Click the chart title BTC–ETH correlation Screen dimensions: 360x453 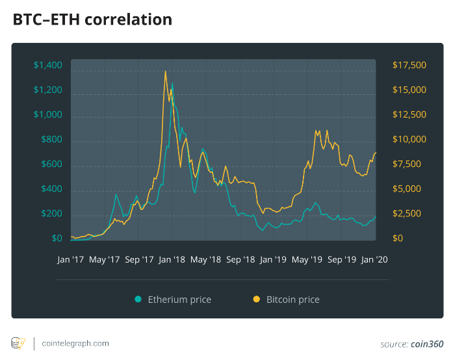(x=92, y=20)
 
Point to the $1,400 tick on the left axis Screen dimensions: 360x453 (x=47, y=65)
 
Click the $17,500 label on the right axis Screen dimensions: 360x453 (x=409, y=65)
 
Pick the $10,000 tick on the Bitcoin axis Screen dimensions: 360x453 (x=409, y=140)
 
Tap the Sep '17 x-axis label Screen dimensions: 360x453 (x=140, y=259)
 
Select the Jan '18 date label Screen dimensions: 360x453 (x=172, y=259)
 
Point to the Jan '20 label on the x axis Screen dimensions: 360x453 (x=374, y=259)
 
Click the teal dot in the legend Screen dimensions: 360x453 (x=138, y=300)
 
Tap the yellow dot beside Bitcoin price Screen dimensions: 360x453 (x=256, y=300)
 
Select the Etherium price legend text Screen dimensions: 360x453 (x=179, y=300)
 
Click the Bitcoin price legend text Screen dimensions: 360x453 (x=292, y=300)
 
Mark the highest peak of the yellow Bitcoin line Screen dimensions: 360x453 (x=166, y=71)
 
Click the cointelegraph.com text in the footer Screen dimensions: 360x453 (x=75, y=343)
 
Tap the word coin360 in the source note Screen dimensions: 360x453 (x=426, y=344)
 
